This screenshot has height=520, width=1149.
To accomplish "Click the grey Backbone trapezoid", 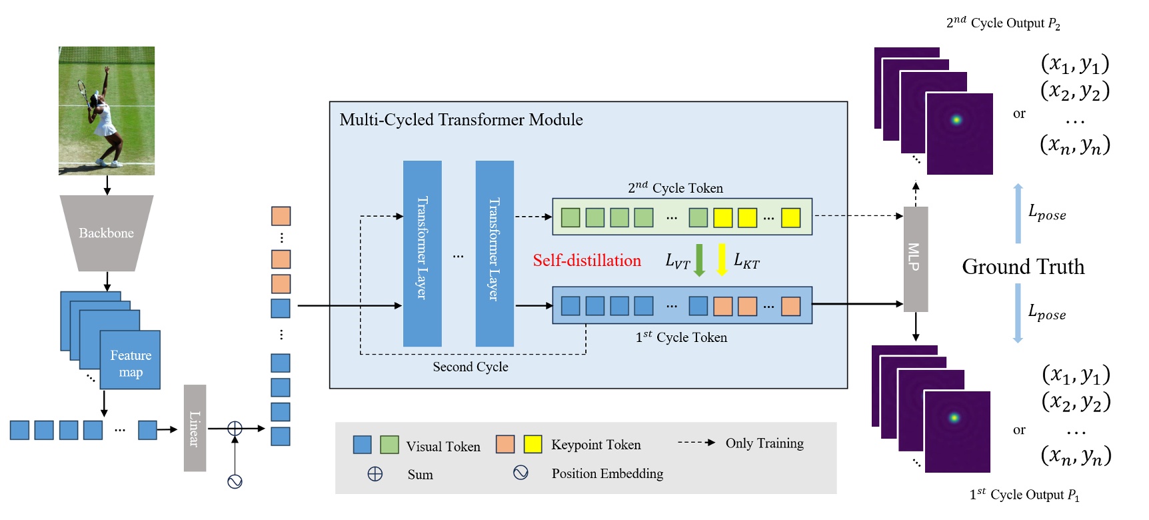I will (x=107, y=233).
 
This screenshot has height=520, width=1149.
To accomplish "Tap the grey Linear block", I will (x=195, y=428).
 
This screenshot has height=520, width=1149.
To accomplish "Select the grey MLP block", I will (x=915, y=259).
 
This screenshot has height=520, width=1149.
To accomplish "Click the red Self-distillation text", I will (x=586, y=261).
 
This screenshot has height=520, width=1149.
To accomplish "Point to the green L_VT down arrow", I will (x=699, y=260).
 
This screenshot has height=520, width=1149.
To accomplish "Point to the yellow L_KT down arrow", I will (x=721, y=260).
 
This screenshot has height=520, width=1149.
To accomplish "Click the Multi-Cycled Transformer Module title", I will (x=461, y=120).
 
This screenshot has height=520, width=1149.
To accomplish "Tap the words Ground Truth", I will (x=1023, y=267).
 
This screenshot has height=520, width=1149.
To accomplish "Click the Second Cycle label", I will (x=470, y=367).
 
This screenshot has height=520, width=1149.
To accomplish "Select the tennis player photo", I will (x=107, y=111).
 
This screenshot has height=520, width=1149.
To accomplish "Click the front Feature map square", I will (x=130, y=360).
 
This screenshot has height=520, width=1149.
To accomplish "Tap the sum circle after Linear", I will (x=235, y=429).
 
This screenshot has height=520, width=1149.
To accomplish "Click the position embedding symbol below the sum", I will (x=235, y=481).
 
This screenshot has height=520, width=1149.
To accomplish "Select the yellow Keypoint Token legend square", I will (x=533, y=444).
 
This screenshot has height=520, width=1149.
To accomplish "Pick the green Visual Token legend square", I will (x=389, y=445).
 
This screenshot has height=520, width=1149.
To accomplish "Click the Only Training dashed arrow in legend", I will (x=696, y=443).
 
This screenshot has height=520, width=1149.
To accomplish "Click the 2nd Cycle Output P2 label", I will (x=1002, y=23).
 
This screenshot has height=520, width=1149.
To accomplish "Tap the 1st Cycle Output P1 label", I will (x=1024, y=495).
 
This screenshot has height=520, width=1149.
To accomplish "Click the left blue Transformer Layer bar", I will (x=422, y=253).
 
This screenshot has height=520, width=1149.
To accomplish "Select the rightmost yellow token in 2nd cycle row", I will (x=790, y=218).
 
